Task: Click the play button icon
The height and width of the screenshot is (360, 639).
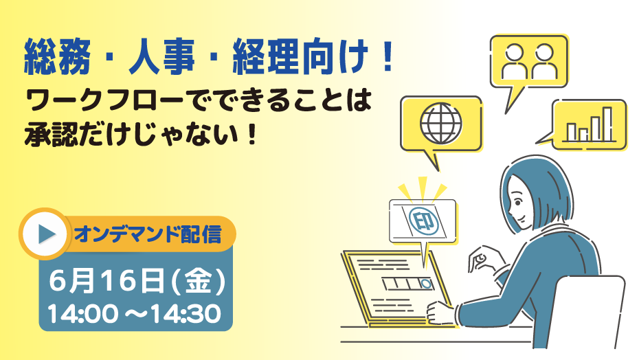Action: (45, 234)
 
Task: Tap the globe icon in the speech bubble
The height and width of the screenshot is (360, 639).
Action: (441, 123)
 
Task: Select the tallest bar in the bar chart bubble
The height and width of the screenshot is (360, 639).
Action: (607, 124)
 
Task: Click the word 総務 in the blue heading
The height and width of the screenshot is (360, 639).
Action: (56, 58)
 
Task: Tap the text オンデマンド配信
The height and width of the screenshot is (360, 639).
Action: (148, 234)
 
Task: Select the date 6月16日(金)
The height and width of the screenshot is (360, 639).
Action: (137, 282)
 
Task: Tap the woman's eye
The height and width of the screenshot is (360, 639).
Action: (518, 202)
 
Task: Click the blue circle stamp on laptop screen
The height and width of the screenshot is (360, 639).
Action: (425, 284)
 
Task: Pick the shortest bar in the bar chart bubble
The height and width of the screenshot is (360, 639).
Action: (584, 135)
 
